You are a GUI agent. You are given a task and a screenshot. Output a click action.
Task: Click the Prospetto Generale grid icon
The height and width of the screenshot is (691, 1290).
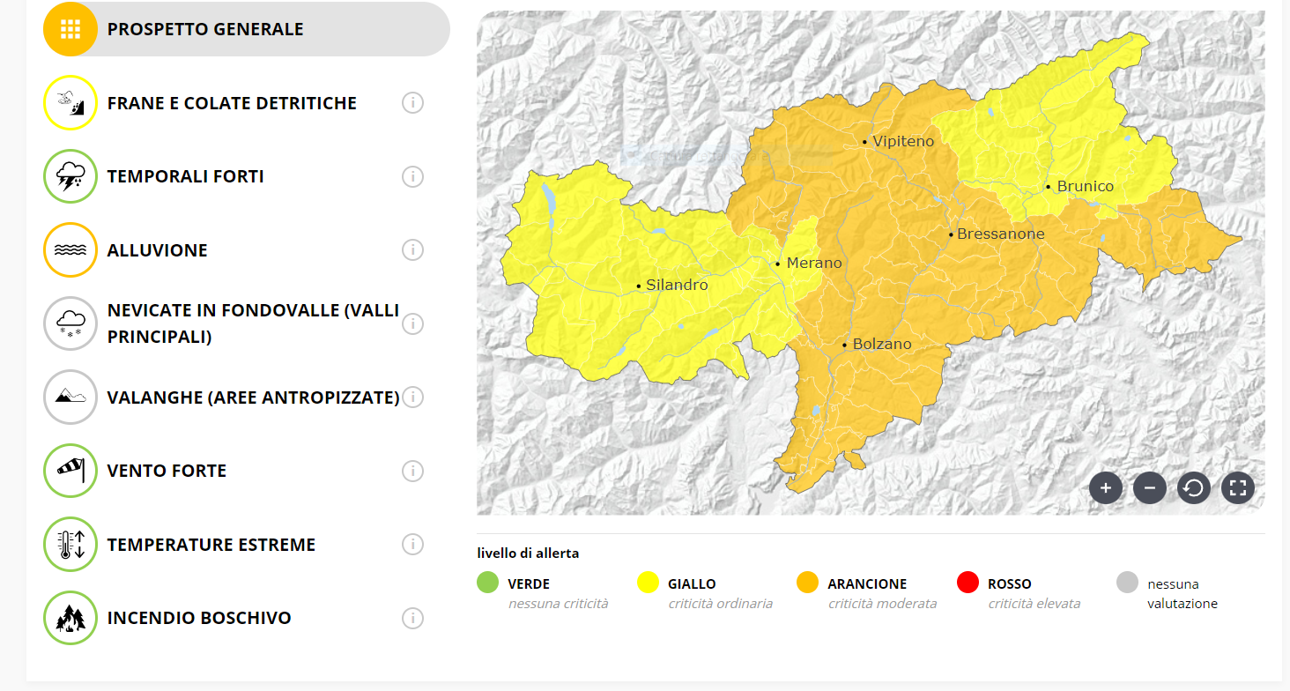[70, 29]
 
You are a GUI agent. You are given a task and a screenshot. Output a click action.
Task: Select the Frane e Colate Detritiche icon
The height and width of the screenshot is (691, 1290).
[70, 103]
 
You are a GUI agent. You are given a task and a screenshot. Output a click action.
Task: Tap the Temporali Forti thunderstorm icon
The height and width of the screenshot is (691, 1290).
[70, 176]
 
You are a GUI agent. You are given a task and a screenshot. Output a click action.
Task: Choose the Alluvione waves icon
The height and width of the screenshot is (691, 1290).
[70, 250]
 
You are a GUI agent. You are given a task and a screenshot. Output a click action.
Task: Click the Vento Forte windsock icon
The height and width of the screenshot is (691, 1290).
[70, 471]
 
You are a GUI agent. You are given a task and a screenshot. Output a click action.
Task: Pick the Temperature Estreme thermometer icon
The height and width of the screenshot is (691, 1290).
[70, 545]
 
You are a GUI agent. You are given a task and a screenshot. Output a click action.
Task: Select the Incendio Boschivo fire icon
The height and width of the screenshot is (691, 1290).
[70, 618]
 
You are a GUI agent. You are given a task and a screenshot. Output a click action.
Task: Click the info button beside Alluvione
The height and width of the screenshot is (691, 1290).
[412, 250]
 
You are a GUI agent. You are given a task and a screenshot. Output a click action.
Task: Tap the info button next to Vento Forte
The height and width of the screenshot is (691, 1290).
[412, 471]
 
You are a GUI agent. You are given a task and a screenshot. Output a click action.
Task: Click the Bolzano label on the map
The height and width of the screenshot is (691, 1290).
[881, 345]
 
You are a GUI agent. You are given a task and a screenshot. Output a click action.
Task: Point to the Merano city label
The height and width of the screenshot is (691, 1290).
[813, 264]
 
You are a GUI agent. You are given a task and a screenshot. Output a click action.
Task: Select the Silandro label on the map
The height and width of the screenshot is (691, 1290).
[676, 286]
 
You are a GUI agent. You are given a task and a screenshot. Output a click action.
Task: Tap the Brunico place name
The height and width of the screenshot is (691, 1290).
[1085, 187]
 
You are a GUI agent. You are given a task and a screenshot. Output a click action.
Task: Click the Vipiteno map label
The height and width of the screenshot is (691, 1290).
[903, 142]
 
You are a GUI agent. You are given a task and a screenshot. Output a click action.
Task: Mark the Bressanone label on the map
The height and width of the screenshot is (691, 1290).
[1000, 234]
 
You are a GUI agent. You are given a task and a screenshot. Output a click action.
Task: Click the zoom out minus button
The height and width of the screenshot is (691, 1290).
[1150, 487]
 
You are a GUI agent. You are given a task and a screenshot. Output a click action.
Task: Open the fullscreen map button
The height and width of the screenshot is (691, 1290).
[1238, 487]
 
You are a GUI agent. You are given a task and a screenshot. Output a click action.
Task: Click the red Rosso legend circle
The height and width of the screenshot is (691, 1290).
[967, 583]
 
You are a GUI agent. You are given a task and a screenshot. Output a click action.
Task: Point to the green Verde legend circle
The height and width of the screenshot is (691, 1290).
[488, 583]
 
